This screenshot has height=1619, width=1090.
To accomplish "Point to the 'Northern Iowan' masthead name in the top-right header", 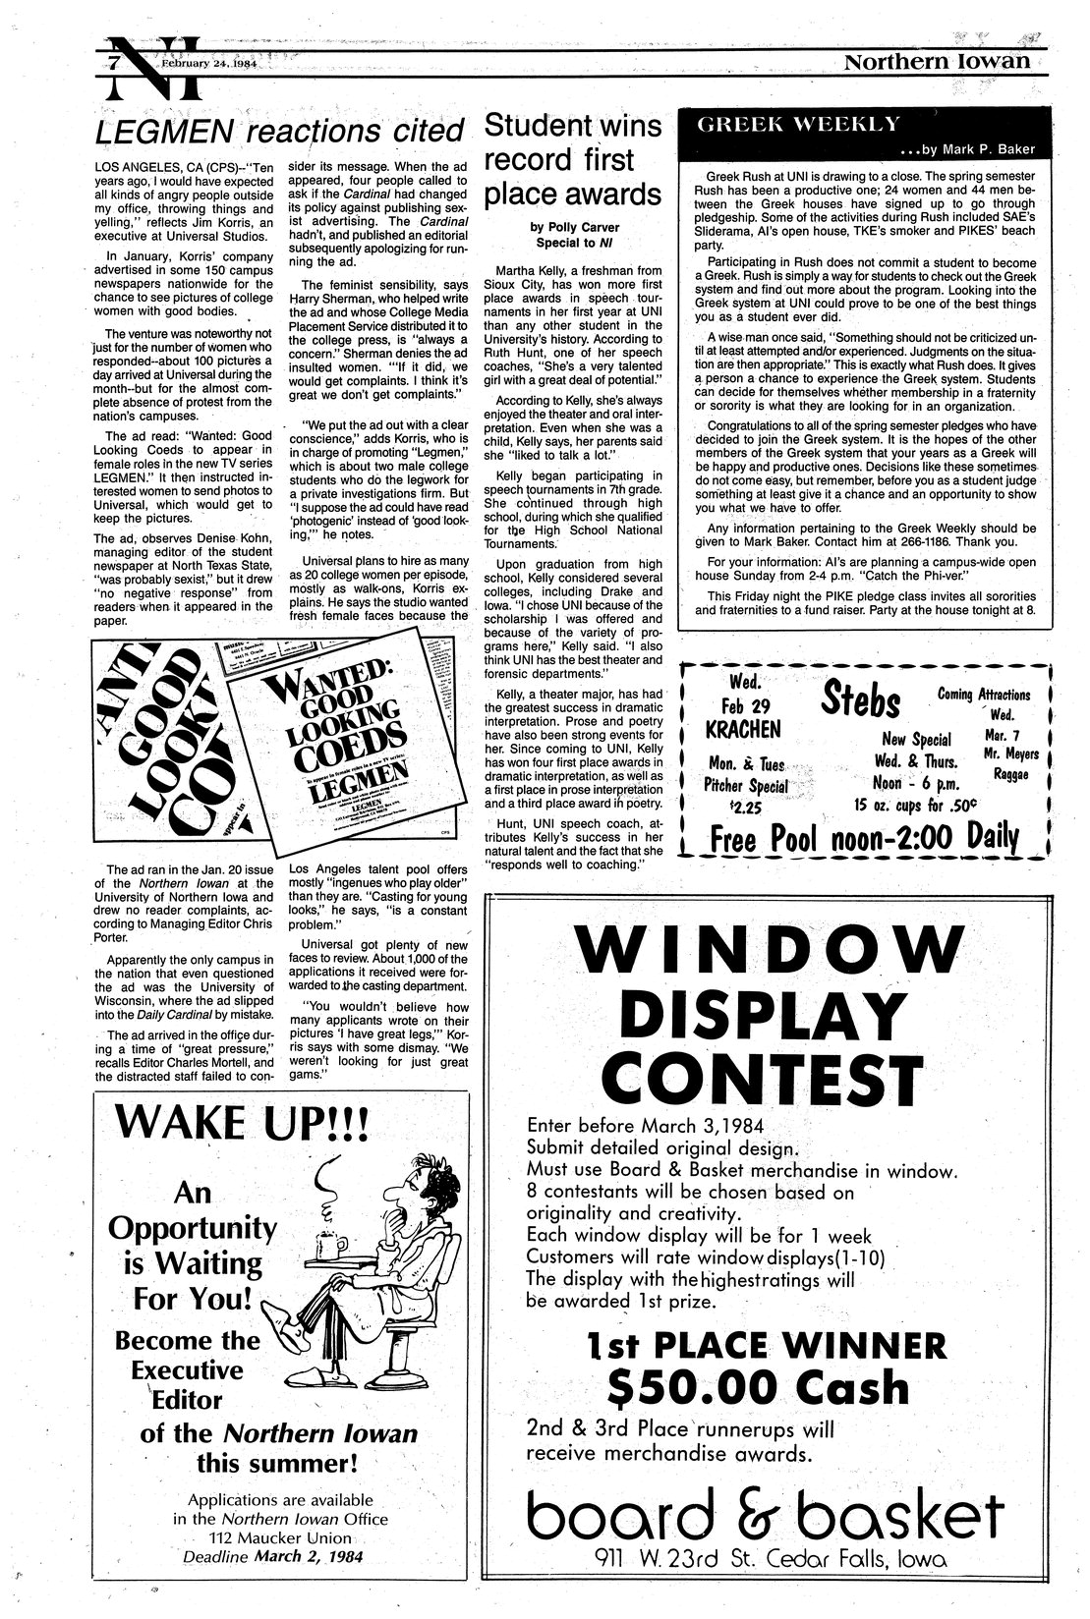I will [937, 62].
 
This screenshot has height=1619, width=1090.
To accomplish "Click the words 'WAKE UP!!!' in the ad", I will [242, 1122].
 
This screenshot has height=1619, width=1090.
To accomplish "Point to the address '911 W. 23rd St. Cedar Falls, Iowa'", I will [772, 1559].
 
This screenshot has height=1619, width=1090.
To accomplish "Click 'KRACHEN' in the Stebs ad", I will [742, 729].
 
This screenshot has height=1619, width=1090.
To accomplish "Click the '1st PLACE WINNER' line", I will [767, 1343].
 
